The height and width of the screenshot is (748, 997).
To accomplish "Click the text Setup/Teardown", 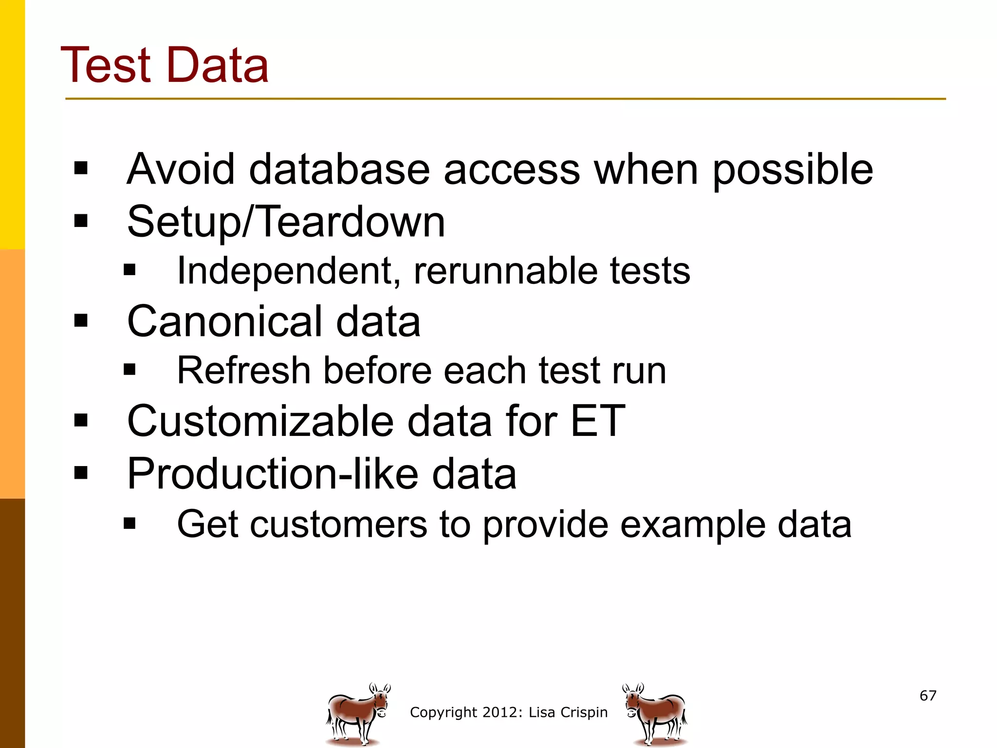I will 286,222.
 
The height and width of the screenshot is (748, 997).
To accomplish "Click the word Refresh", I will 243,371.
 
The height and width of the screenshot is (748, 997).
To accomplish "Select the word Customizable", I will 260,421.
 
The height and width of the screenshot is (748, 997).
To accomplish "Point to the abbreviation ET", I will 597,421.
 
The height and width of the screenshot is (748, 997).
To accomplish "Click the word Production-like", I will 273,474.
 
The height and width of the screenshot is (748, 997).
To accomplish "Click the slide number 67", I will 928,695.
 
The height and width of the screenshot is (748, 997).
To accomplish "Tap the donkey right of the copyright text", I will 655,714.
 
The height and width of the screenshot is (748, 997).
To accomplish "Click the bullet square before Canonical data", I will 81,320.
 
